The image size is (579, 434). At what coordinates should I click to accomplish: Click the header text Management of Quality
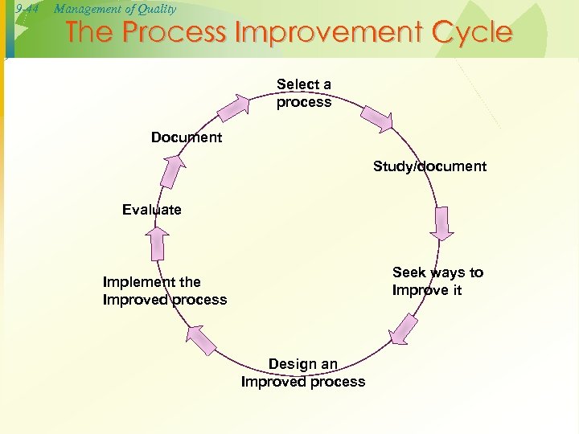click(114, 9)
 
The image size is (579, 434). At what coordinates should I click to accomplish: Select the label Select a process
click(303, 93)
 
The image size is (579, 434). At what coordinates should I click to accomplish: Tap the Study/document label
click(429, 166)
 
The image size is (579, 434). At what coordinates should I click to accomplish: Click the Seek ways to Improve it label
click(437, 281)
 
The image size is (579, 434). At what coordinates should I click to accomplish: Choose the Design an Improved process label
click(303, 373)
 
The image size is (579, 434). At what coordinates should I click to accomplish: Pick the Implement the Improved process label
click(165, 291)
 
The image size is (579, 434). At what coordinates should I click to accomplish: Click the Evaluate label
click(152, 210)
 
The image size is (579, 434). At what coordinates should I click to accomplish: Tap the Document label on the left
click(187, 137)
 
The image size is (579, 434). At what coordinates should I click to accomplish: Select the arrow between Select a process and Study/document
click(376, 117)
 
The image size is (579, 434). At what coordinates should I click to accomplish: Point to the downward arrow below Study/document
click(441, 224)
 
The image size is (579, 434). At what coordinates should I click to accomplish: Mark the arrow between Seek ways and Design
click(402, 330)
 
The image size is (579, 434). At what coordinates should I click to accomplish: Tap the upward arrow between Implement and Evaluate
click(158, 242)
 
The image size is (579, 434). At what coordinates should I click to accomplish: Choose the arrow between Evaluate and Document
click(171, 171)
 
